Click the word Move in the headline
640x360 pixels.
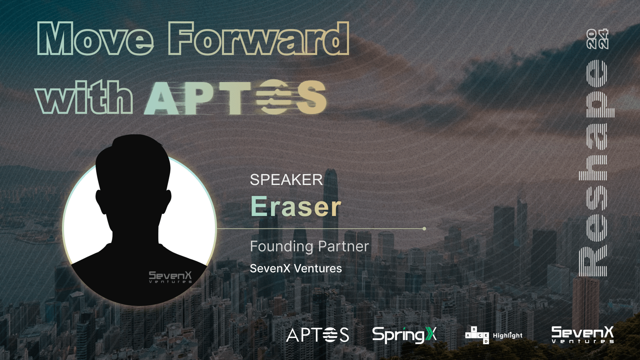point(96,38)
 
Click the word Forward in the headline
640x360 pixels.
point(258,38)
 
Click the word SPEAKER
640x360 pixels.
point(286,180)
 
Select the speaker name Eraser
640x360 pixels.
point(296,206)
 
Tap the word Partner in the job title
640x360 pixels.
point(344,246)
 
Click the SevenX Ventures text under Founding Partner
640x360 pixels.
point(296,268)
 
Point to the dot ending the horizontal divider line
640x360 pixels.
point(424,228)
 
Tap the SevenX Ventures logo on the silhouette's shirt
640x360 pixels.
point(170,277)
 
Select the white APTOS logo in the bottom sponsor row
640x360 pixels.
point(318,335)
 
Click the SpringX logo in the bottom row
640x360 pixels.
point(404,335)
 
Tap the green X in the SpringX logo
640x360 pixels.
point(431,334)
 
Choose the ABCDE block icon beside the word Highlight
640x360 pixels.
point(477,335)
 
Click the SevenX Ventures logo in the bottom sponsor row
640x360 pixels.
point(582,334)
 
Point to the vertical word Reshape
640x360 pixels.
point(596,168)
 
